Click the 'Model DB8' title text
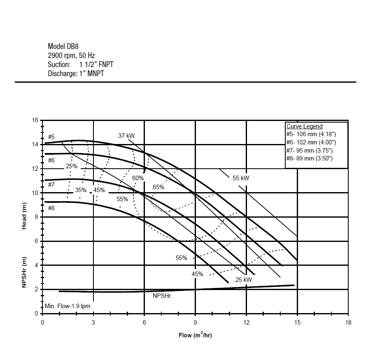pos(63,46)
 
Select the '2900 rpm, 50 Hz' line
pos(71,56)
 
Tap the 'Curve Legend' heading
pos(304,126)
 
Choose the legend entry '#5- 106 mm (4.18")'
pos(311,134)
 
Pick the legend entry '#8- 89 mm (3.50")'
pos(309,158)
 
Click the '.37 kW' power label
pos(126,135)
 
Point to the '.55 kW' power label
pos(240,178)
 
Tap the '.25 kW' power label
pos(243,279)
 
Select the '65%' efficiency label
pos(158,187)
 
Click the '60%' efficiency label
pos(138,178)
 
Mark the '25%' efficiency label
pos(72,166)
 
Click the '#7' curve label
pos(51,185)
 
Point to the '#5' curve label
pos(51,137)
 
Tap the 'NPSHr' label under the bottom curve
pos(162,296)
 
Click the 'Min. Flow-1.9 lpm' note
pos(68,306)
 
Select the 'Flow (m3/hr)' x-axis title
pos(195,335)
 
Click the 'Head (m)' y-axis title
pos(24,216)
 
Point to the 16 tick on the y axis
pos(35,120)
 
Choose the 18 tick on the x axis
pos(348,323)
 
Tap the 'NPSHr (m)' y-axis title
pos(24,272)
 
